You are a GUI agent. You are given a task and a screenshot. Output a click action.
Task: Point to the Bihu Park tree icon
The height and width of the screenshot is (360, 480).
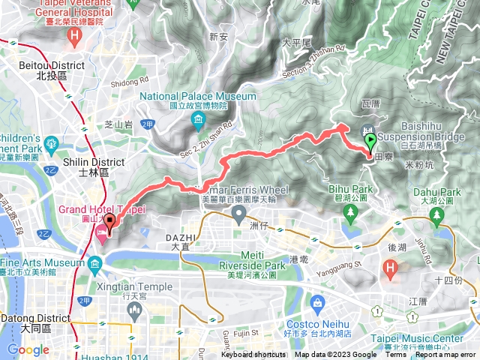(x=350, y=213)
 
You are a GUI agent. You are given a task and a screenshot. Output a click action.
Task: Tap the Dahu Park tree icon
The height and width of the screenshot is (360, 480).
(x=438, y=216)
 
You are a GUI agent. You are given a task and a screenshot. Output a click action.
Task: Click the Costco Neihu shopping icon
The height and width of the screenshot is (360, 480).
(x=318, y=303)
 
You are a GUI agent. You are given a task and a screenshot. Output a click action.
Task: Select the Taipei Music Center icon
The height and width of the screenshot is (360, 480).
(x=411, y=317)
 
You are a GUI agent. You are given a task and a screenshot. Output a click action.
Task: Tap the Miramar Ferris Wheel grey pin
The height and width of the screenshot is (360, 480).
(x=239, y=216)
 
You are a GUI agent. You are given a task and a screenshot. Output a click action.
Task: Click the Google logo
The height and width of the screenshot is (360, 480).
(x=28, y=349)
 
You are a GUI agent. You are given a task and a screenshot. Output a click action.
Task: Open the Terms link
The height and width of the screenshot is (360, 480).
(x=395, y=355)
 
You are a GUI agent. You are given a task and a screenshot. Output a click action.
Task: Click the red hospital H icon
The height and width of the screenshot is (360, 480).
(x=390, y=267)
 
